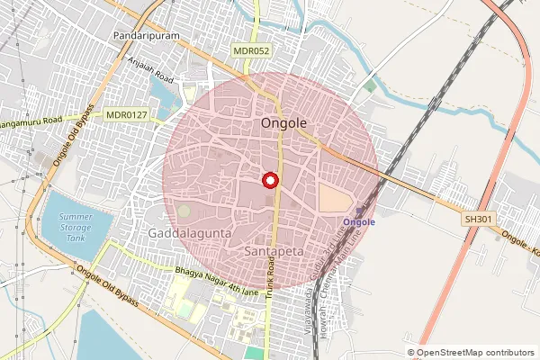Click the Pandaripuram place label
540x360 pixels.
click(148, 35)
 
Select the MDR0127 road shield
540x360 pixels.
click(125, 114)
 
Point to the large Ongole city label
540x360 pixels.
click(283, 122)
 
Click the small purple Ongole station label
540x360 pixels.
click(359, 221)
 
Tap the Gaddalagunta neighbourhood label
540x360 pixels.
click(190, 233)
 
